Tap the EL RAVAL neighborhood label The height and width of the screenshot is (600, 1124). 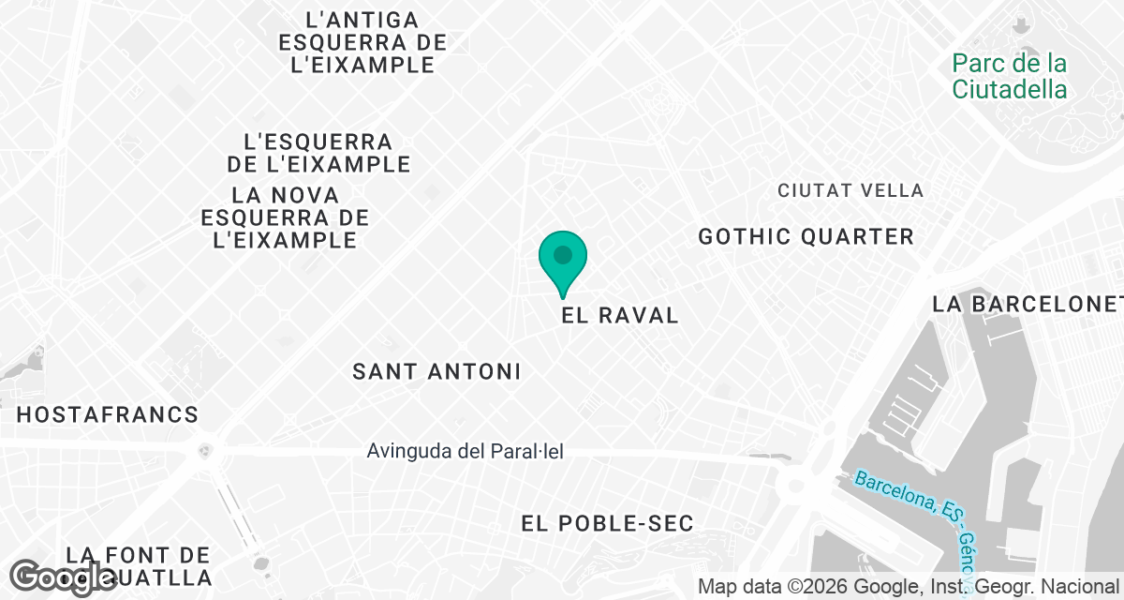(x=620, y=316)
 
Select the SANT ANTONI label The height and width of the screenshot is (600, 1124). (x=436, y=372)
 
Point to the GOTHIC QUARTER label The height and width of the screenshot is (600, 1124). (x=806, y=237)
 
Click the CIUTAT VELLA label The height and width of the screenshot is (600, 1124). (x=850, y=191)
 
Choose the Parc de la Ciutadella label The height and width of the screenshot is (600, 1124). (x=1010, y=77)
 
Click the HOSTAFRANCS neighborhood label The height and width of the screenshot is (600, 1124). (x=108, y=414)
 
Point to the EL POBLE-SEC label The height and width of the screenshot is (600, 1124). (x=608, y=524)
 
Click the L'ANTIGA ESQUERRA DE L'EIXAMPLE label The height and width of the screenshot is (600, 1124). (x=362, y=42)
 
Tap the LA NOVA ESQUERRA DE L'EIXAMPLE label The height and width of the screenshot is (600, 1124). (x=286, y=217)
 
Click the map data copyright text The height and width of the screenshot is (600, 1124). (x=911, y=588)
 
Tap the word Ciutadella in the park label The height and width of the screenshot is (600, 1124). (x=1010, y=90)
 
